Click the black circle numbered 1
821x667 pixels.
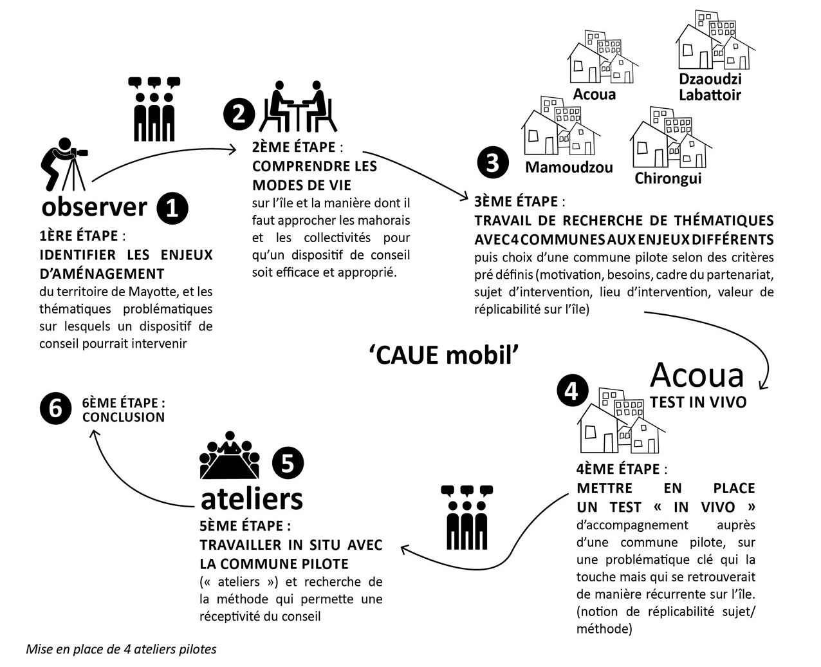click(x=172, y=209)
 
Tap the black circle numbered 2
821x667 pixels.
click(x=239, y=114)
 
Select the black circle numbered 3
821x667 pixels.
click(x=493, y=163)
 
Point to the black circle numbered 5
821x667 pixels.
click(x=288, y=463)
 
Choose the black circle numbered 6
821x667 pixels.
click(x=55, y=409)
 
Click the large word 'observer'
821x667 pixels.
click(x=95, y=207)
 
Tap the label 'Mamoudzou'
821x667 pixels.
click(x=569, y=167)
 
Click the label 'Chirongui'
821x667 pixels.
click(x=668, y=178)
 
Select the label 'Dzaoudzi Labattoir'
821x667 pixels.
click(x=710, y=87)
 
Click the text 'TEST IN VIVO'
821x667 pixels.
click(x=698, y=402)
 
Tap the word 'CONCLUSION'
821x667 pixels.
click(x=124, y=417)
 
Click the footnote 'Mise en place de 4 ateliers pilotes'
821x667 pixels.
click(x=121, y=649)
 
